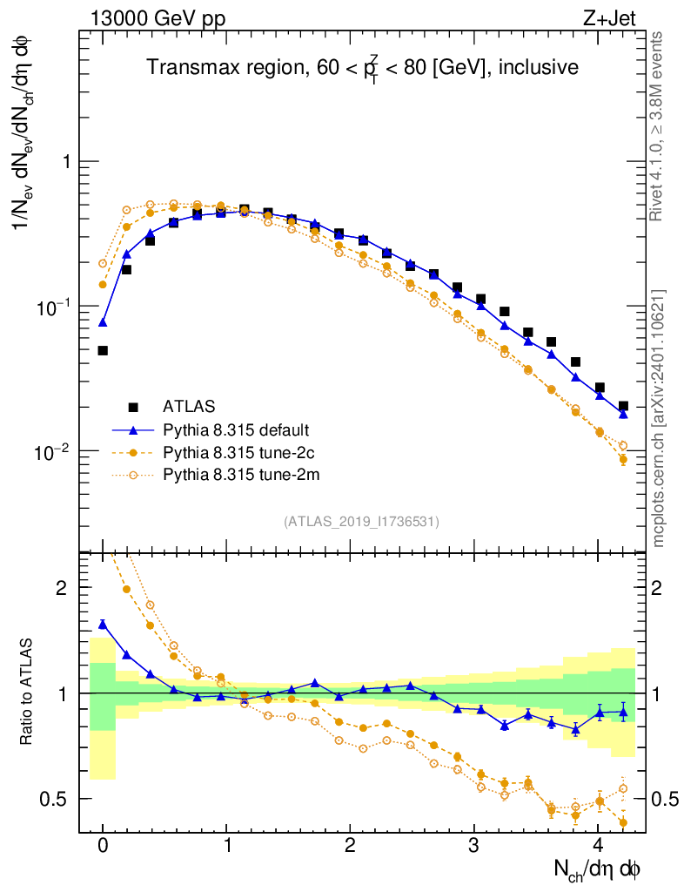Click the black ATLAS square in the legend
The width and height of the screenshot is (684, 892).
(133, 406)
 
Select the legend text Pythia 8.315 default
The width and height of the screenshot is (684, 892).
(237, 429)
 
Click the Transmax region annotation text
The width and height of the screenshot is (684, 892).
(361, 67)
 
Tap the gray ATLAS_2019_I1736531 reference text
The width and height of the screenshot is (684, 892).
(361, 522)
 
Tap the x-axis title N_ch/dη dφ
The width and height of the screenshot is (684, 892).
(598, 869)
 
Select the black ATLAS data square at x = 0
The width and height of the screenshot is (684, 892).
(103, 350)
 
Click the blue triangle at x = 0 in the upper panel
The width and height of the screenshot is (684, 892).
(103, 322)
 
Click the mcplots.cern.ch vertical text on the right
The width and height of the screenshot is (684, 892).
(659, 418)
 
